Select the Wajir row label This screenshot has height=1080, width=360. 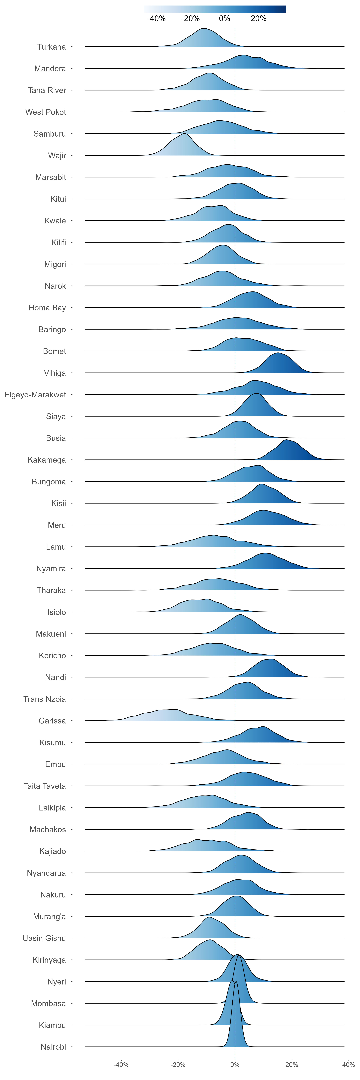pyautogui.click(x=57, y=156)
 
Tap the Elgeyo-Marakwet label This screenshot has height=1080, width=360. pyautogui.click(x=35, y=395)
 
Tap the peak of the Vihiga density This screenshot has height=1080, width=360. pyautogui.click(x=277, y=353)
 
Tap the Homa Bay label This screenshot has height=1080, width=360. pyautogui.click(x=47, y=308)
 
